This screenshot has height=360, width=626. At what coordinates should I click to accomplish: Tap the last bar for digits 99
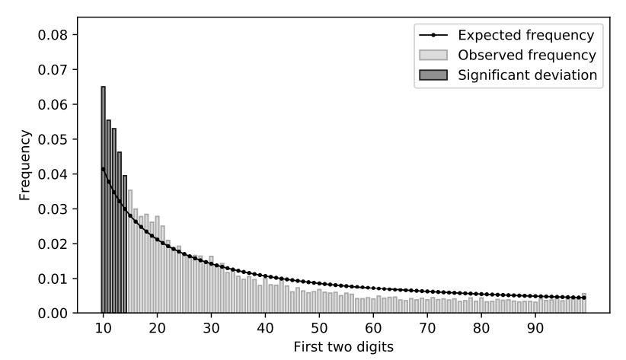(584, 303)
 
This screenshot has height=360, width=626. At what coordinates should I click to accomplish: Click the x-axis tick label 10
(103, 328)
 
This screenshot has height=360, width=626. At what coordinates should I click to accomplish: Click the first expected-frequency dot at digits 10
(103, 168)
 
